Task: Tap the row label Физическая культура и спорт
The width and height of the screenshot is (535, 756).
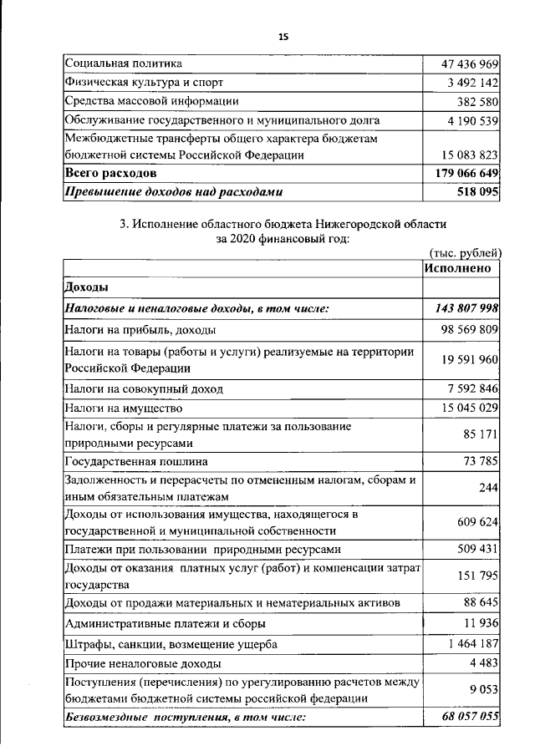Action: [x=144, y=82]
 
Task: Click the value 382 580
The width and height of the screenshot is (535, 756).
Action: [x=476, y=101]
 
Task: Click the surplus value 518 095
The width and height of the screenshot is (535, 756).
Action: [x=476, y=191]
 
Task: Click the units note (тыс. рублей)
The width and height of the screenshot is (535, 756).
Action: [x=464, y=252]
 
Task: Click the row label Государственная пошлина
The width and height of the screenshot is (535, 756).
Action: [x=136, y=460]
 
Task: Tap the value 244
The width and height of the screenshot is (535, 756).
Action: [x=489, y=487]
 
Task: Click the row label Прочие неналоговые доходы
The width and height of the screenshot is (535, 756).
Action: [x=143, y=663]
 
